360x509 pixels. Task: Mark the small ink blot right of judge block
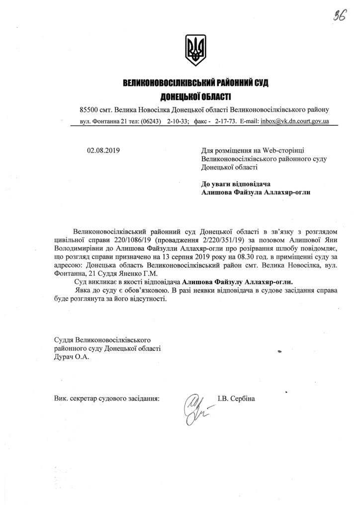(280, 351)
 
